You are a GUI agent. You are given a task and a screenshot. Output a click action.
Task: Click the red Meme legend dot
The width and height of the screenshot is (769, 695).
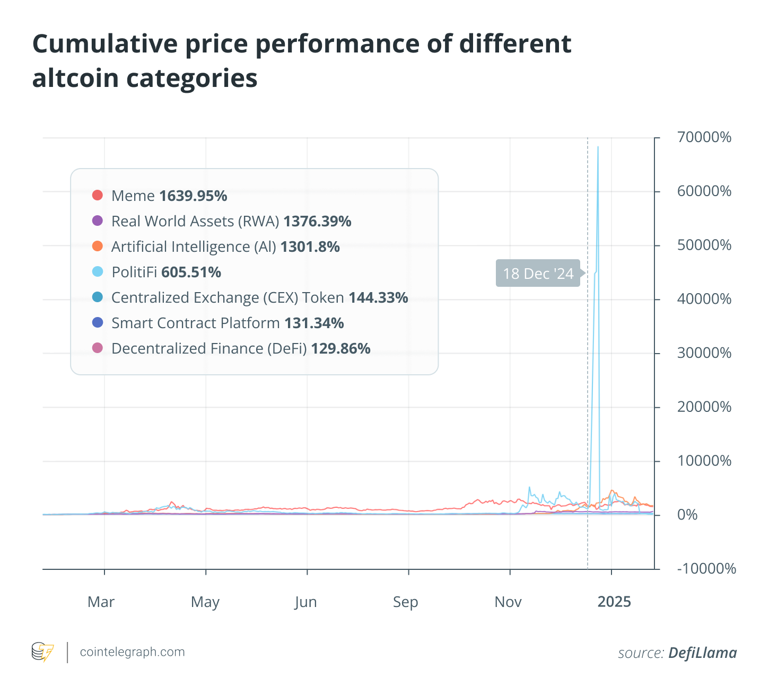pyautogui.click(x=97, y=195)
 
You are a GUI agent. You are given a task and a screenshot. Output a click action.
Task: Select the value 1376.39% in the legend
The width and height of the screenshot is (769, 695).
pyautogui.click(x=317, y=222)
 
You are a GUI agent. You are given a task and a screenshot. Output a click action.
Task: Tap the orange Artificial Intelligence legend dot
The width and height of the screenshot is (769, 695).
pyautogui.click(x=97, y=246)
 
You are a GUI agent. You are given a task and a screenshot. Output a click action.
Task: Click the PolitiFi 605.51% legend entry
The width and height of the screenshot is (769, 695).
pyautogui.click(x=166, y=272)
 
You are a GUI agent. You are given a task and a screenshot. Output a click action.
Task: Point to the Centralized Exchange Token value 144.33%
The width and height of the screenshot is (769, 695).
pyautogui.click(x=378, y=298)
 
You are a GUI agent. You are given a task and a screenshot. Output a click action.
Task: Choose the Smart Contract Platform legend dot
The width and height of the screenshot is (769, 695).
pyautogui.click(x=97, y=322)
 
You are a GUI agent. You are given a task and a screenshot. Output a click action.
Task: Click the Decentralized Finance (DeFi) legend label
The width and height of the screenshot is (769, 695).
pyautogui.click(x=209, y=349)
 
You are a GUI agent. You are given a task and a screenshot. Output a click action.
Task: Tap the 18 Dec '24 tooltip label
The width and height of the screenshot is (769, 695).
pyautogui.click(x=538, y=274)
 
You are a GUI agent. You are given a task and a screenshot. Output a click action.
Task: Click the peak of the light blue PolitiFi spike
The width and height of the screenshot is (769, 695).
pyautogui.click(x=598, y=147)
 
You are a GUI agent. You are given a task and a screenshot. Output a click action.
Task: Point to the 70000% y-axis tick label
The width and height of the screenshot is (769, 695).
pyautogui.click(x=704, y=138)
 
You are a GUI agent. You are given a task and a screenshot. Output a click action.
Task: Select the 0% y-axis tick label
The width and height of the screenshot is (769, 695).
pyautogui.click(x=687, y=515)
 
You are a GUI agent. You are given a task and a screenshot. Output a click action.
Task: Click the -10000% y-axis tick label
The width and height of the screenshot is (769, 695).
pyautogui.click(x=706, y=569)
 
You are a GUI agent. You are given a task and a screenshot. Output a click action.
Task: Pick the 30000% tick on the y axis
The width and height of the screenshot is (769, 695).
pyautogui.click(x=704, y=353)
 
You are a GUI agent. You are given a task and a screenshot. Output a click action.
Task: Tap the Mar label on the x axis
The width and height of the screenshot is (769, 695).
pyautogui.click(x=101, y=602)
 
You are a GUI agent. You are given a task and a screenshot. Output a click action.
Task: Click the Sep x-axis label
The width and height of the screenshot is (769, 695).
pyautogui.click(x=406, y=602)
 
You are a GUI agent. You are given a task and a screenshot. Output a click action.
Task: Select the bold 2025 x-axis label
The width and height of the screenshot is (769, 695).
pyautogui.click(x=614, y=602)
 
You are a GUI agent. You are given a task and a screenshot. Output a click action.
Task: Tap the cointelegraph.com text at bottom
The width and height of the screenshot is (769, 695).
pyautogui.click(x=132, y=652)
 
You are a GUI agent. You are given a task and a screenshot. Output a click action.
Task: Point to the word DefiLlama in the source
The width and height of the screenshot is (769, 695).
pyautogui.click(x=702, y=653)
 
